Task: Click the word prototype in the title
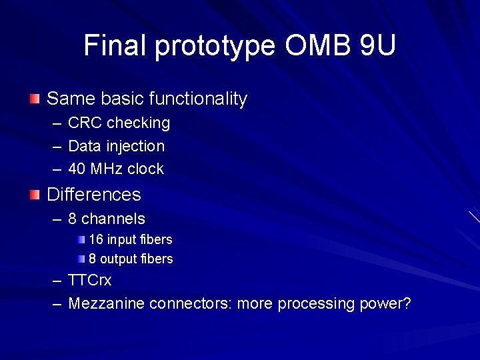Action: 215,47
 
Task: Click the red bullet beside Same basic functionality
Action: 35,99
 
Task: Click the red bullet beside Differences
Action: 35,195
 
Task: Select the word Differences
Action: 94,195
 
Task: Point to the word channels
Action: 113,219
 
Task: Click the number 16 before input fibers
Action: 95,239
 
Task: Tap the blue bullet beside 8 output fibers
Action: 81,259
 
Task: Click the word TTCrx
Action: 90,281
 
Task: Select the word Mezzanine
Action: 107,304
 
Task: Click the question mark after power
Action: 407,304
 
